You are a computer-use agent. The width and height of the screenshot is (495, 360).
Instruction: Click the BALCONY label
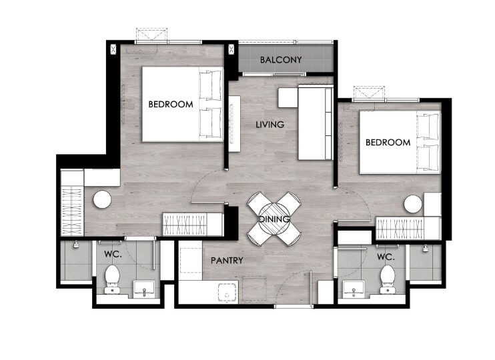tap(281, 59)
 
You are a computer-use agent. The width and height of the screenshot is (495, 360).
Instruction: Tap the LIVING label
tap(270, 125)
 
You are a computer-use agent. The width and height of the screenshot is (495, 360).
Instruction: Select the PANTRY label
tap(227, 261)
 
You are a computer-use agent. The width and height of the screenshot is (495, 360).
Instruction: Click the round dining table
tap(274, 219)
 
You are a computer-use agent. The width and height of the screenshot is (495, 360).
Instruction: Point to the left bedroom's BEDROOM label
tap(171, 104)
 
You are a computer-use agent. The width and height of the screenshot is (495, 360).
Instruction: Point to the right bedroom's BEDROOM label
tap(388, 142)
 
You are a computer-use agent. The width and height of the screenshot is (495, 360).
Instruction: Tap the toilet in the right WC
tap(388, 279)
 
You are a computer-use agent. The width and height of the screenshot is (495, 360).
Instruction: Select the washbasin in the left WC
tap(144, 289)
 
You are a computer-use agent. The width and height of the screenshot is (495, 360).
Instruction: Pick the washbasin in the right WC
tap(354, 289)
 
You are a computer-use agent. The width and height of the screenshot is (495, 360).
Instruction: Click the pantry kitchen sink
tap(227, 293)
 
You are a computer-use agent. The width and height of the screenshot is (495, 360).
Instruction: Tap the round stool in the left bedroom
tap(102, 199)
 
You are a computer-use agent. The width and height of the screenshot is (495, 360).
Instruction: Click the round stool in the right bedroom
tap(413, 204)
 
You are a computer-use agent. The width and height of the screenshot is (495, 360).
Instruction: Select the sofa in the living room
tap(316, 123)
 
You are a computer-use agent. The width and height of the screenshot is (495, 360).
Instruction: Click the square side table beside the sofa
tap(288, 97)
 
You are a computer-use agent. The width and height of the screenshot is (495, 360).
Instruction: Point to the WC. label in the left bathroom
tap(113, 254)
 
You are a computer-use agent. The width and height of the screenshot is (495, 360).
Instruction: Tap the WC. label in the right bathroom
tap(386, 257)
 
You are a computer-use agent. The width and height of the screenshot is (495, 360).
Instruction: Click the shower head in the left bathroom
tap(76, 244)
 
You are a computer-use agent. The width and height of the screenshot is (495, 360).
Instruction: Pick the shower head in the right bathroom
tap(426, 248)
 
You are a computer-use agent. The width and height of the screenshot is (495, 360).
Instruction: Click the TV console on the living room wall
tap(235, 124)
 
